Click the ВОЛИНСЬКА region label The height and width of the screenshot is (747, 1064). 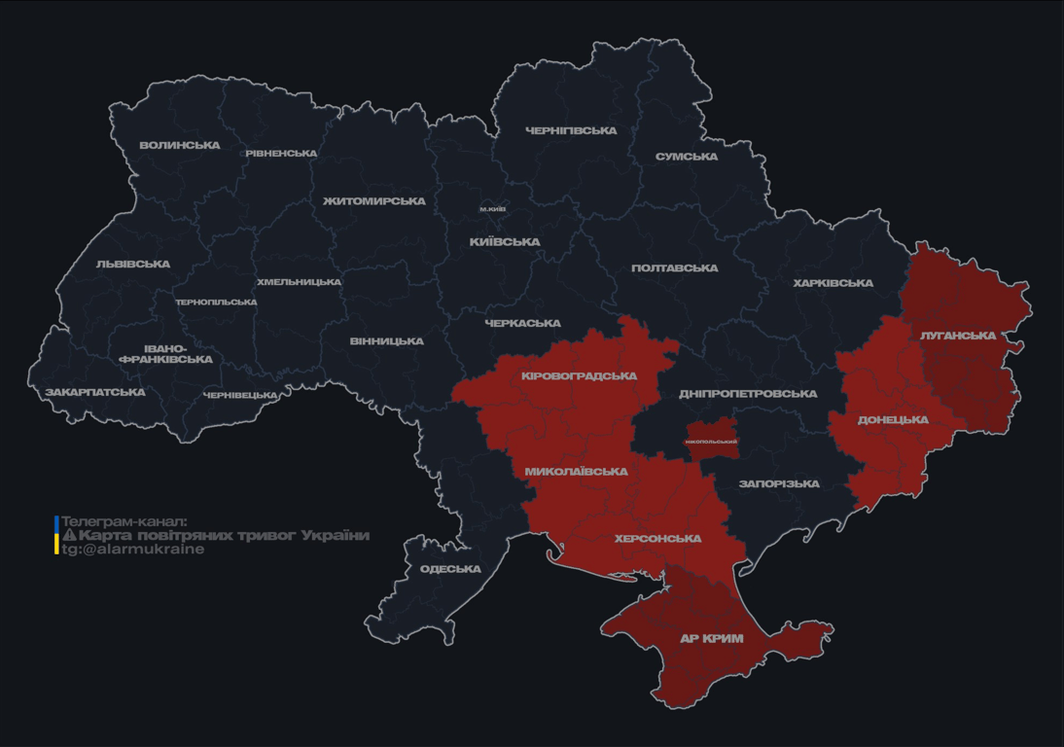tap(180, 146)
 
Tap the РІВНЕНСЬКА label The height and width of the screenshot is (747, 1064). tap(281, 154)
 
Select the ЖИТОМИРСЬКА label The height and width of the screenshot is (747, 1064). tap(374, 201)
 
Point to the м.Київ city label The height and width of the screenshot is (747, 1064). tap(492, 209)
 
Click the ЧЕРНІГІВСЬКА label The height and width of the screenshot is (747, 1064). tap(571, 130)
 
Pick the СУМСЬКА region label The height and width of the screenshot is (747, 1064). tap(687, 157)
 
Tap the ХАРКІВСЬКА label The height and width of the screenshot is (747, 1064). tap(833, 283)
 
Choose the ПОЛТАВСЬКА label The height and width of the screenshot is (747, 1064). tap(675, 268)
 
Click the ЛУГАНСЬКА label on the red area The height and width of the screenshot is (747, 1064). tap(958, 336)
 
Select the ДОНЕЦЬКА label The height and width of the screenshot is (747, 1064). tap(893, 420)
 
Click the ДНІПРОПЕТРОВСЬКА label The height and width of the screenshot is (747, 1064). tap(748, 394)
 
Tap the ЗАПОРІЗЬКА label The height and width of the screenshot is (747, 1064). tap(779, 483)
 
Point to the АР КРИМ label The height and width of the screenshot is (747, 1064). tap(711, 639)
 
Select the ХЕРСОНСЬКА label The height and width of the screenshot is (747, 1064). tap(657, 539)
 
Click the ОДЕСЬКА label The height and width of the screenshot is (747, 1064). tap(450, 569)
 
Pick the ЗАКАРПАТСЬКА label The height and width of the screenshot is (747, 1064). tap(95, 393)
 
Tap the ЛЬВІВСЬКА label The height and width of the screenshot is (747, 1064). tap(133, 265)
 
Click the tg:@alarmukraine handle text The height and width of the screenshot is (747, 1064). tap(133, 550)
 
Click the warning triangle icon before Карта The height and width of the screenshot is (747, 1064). tap(69, 536)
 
